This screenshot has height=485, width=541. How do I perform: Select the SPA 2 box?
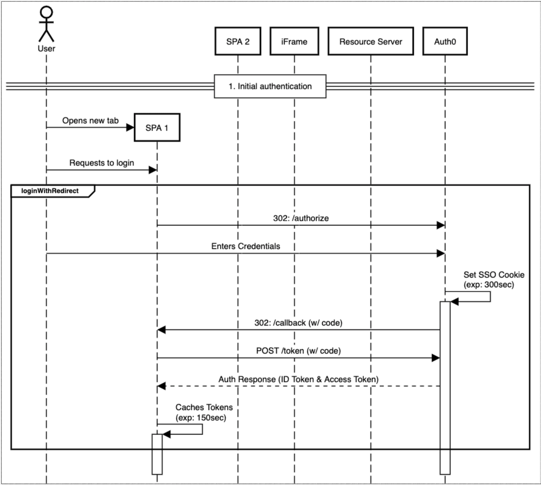click(238, 41)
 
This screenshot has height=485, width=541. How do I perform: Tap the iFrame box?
click(294, 41)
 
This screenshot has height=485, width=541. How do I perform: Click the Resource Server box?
click(370, 41)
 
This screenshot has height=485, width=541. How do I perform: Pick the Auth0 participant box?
click(445, 41)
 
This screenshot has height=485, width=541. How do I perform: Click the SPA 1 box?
click(157, 128)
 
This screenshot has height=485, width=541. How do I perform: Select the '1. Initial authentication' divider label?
click(270, 86)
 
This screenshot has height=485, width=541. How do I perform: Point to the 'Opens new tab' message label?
click(90, 120)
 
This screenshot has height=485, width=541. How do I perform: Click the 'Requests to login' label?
click(101, 163)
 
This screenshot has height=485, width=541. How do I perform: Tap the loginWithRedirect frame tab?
click(50, 191)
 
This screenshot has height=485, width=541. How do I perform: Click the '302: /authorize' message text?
click(301, 218)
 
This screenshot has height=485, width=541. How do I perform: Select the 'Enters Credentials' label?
click(246, 246)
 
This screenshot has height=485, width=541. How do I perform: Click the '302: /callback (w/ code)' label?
click(298, 322)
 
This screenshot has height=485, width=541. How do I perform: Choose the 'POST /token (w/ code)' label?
click(298, 351)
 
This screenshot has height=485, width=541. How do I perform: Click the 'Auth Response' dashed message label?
click(298, 379)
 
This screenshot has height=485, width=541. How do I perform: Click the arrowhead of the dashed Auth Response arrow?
click(162, 386)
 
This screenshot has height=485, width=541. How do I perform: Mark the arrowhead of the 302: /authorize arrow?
click(440, 226)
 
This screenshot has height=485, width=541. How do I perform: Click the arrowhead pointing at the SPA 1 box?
click(130, 128)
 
